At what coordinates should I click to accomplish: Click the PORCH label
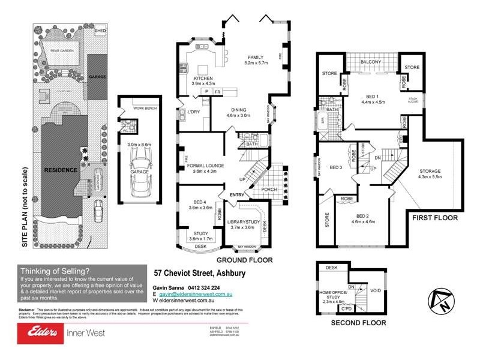click(x=268, y=190)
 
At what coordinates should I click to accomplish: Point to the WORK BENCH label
click(x=144, y=108)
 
